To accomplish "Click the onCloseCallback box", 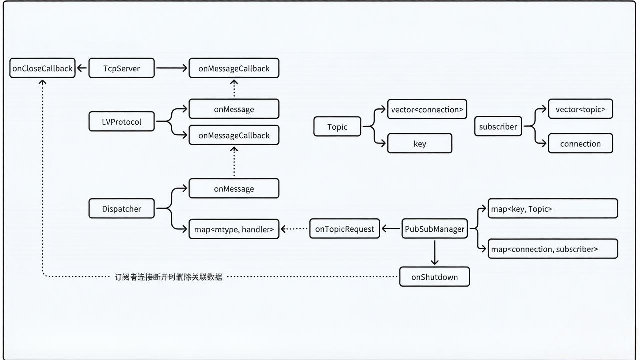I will [42, 68].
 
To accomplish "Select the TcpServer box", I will [122, 68].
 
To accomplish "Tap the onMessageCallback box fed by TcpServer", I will [234, 68].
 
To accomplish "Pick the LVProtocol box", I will [122, 122].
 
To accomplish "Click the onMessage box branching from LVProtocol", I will [234, 109].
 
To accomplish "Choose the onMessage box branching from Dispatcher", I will [234, 189].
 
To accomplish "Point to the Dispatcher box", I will [122, 209].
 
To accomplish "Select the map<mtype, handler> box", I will [234, 229].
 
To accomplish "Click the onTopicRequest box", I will [345, 229].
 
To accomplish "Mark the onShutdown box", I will [434, 277].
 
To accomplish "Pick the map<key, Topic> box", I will [553, 209].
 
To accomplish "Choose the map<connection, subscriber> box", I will [553, 249].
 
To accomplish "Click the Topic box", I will [337, 127].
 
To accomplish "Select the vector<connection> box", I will [427, 109].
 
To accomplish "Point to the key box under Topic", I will [420, 144].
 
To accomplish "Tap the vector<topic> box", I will [580, 109].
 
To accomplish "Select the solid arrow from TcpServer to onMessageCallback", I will [171, 68].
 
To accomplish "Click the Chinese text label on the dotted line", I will [168, 277].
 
